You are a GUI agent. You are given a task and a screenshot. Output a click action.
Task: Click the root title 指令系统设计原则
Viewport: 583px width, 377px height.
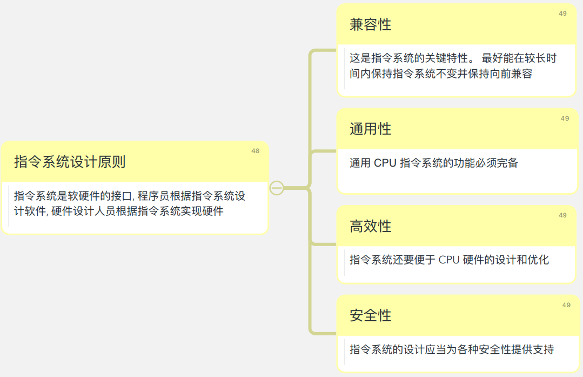pos(70,162)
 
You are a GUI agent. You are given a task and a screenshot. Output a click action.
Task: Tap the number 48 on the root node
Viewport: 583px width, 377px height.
pos(255,151)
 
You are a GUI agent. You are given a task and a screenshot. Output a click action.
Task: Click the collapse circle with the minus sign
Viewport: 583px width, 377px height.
pos(277,188)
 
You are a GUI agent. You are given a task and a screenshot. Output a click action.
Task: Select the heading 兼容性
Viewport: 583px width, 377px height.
pos(370,25)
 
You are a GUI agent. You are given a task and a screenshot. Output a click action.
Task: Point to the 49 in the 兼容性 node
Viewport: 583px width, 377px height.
pos(562,14)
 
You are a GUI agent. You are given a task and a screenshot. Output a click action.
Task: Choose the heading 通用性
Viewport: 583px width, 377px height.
pos(370,129)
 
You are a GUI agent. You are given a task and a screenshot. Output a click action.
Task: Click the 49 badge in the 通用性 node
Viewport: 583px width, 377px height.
pos(565,118)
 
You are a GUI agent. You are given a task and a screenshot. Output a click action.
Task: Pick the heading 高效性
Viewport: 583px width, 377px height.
pos(370,226)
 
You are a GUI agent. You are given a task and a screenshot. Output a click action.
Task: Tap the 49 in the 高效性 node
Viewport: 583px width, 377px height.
pos(562,215)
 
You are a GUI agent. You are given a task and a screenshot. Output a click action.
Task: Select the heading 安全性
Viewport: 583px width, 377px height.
pos(370,315)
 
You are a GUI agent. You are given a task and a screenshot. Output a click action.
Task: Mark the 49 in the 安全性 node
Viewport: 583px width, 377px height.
pos(566,305)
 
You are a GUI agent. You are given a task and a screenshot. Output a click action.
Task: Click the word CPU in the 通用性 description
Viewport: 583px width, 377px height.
pos(385,163)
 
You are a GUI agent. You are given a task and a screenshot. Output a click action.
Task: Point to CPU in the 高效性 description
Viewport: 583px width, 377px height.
pos(449,260)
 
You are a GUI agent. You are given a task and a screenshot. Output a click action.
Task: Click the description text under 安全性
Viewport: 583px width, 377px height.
pos(451,349)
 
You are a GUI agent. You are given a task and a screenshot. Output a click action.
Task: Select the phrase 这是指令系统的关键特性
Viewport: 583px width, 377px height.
pos(411,58)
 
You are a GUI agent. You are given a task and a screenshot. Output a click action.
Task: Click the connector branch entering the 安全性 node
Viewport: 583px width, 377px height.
pos(323,333)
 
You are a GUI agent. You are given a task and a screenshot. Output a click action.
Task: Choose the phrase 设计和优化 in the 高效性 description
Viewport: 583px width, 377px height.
pos(521,260)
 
